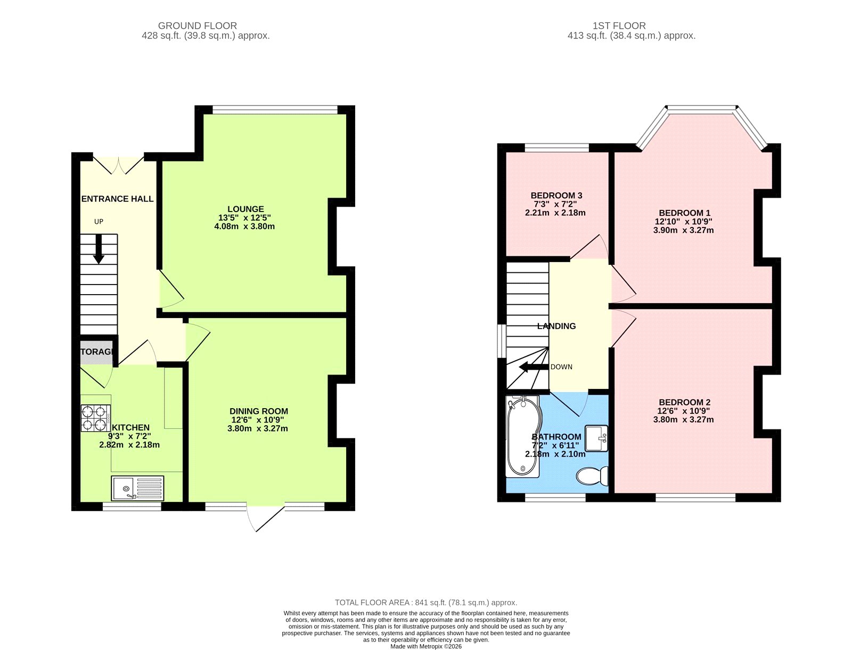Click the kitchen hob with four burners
(x=96, y=418)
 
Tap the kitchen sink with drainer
(x=137, y=488)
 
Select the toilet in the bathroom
(x=592, y=476)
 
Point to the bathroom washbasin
(x=596, y=438)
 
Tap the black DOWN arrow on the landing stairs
(x=534, y=367)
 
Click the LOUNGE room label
(x=245, y=209)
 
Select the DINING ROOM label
(x=258, y=411)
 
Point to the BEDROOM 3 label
(x=556, y=196)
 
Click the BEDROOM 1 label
(x=685, y=213)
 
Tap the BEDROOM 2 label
(x=685, y=402)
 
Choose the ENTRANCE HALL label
(x=118, y=199)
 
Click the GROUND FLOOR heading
(x=197, y=26)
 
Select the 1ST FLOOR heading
(x=619, y=26)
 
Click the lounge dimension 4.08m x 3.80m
(x=244, y=226)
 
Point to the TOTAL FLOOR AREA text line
(x=426, y=603)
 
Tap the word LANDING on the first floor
(x=556, y=326)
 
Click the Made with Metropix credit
(x=426, y=646)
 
